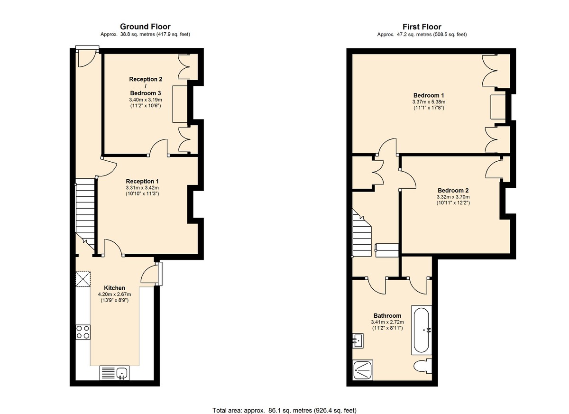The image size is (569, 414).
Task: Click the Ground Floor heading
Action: click(145, 27)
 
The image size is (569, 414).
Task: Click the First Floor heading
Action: click(422, 27)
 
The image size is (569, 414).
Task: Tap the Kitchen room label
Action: click(114, 288)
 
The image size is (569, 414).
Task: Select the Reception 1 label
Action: click(142, 181)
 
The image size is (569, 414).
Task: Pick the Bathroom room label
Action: click(387, 315)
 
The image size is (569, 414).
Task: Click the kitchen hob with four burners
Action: click(83, 331)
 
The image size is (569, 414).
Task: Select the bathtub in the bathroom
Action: click(421, 330)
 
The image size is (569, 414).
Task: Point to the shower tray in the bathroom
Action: click(364, 370)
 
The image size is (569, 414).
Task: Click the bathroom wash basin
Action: click(358, 340)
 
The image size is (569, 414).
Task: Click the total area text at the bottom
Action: click(284, 410)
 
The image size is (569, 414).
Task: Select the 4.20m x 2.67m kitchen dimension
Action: click(114, 294)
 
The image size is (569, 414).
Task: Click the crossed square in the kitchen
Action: click(83, 279)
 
